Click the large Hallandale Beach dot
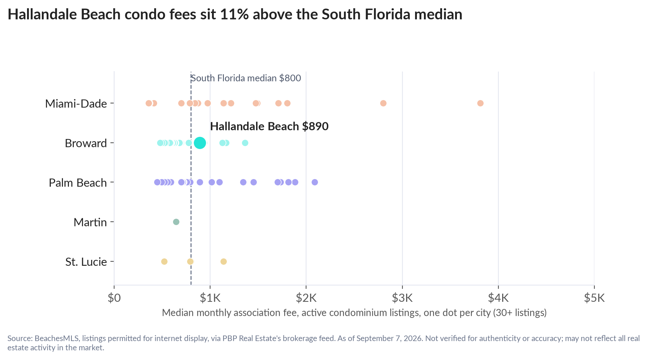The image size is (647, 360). point(200,143)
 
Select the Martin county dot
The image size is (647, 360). point(176,222)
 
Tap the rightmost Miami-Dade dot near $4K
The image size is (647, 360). point(480,103)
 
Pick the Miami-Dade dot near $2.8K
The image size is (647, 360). point(383,103)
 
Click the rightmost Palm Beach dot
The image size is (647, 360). point(315,182)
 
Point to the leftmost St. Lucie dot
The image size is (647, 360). point(164,261)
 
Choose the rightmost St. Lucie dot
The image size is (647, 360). point(223,261)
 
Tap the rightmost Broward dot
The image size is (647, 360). point(245,143)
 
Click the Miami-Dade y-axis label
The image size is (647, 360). point(76,103)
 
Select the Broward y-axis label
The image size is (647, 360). point(86,143)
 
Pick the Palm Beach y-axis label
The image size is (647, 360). point(78,183)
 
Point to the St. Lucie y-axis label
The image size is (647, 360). point(86,262)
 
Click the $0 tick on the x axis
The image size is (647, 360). point(114,298)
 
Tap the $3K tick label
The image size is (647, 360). point(402,298)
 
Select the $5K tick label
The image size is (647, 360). point(594,298)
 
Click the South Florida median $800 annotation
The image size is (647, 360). point(246,78)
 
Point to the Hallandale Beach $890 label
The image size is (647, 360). point(269,126)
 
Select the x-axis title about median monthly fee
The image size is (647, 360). point(354,313)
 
